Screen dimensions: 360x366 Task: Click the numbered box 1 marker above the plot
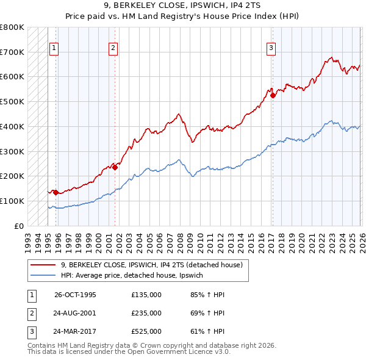54,47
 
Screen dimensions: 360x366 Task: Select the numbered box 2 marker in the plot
113,47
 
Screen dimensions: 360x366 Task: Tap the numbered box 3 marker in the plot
271,47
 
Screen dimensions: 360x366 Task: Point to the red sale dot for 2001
115,167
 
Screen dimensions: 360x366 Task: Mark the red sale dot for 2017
273,95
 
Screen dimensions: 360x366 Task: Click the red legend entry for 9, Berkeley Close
152,265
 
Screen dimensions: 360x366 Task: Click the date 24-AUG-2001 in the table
75,313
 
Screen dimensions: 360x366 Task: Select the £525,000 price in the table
146,332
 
